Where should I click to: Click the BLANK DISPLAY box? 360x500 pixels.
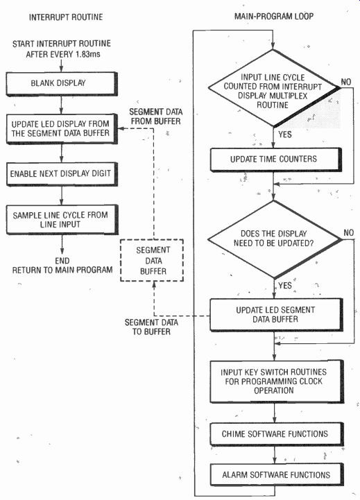click(62, 83)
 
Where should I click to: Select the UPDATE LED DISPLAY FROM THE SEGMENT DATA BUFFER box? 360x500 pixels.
click(62, 129)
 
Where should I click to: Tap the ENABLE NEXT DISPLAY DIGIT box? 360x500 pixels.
click(62, 174)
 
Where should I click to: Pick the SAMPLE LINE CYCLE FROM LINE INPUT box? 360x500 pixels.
click(62, 220)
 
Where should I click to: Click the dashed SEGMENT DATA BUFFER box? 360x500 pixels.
click(152, 260)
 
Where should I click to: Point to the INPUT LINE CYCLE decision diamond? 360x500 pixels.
click(273, 87)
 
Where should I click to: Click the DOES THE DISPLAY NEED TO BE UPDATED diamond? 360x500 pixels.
click(274, 239)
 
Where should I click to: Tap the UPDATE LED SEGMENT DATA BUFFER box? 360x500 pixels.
click(276, 315)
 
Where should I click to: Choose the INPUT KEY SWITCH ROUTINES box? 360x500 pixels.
click(277, 381)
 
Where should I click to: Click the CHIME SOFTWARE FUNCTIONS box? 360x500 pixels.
click(277, 434)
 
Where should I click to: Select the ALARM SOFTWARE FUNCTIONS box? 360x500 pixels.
click(277, 475)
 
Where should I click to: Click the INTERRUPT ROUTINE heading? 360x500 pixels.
click(66, 17)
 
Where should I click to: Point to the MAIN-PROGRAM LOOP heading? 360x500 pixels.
click(274, 16)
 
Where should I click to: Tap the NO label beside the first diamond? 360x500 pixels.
click(346, 82)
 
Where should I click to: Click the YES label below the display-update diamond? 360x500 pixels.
click(285, 285)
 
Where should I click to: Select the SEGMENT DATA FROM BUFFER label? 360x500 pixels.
click(156, 117)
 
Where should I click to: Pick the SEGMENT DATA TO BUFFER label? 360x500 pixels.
click(151, 327)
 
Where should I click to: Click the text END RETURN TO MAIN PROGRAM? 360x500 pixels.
click(62, 266)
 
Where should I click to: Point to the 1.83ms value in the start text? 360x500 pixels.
click(88, 54)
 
